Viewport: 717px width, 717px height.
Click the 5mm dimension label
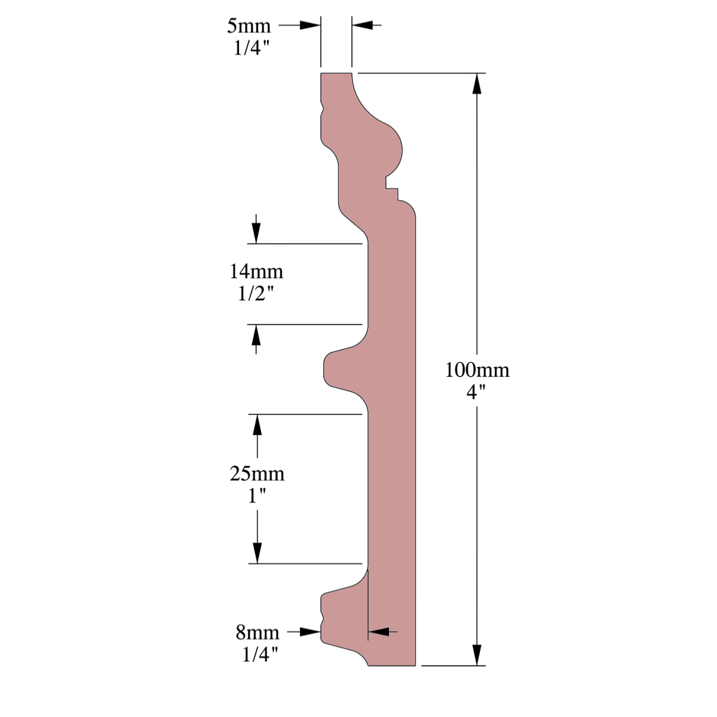click(x=249, y=26)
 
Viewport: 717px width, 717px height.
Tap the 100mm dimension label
click(x=477, y=370)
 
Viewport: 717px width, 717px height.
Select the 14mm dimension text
click(x=256, y=272)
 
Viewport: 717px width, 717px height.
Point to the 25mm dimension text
click(x=257, y=474)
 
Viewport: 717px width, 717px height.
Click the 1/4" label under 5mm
click(x=252, y=48)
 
